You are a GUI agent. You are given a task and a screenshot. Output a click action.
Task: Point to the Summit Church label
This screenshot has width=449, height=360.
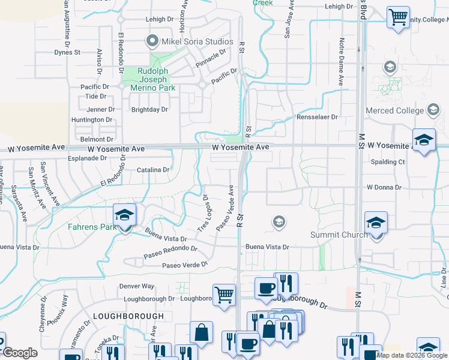(x=339, y=235)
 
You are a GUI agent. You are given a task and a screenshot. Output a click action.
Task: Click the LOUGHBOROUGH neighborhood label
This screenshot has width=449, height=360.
(x=128, y=316)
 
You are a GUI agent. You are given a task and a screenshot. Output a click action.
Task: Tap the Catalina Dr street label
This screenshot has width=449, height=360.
(x=154, y=170)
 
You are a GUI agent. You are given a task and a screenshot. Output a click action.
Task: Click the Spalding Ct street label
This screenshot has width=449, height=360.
(x=388, y=162)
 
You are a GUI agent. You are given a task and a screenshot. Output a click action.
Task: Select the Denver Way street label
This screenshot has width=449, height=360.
(x=136, y=287)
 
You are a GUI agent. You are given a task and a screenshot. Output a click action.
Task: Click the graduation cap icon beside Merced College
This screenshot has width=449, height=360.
(x=433, y=110)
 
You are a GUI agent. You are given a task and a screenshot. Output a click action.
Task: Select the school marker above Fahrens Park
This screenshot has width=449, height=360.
(x=125, y=214)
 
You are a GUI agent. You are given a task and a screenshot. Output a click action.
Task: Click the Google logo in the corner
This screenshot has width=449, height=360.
(x=20, y=353)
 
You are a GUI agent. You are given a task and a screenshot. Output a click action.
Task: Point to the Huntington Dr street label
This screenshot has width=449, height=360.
(x=92, y=120)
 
